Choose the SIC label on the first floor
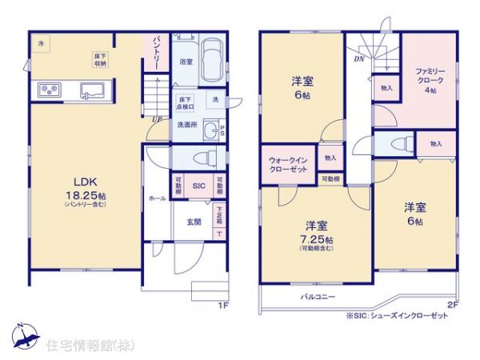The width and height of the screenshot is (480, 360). coord(199,184)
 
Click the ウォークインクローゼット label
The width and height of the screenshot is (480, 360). coord(286,166)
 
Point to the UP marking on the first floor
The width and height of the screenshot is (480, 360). coord(156,120)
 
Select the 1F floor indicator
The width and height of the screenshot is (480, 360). coord(223,304)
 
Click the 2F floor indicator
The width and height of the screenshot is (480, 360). coord(454,304)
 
